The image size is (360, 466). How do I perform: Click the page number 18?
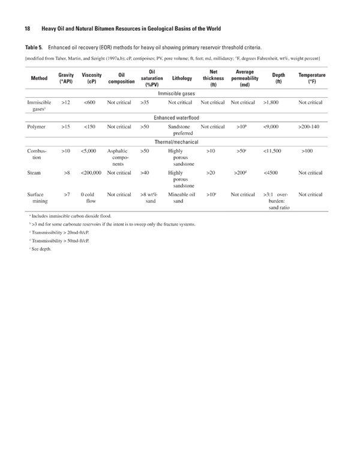coord(28,29)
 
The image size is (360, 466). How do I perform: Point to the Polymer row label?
coord(37,127)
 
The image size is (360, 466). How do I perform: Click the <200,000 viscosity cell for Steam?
coord(92,173)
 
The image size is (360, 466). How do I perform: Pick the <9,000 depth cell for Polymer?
coord(275,127)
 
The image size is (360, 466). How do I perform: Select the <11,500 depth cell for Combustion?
coord(277,150)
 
